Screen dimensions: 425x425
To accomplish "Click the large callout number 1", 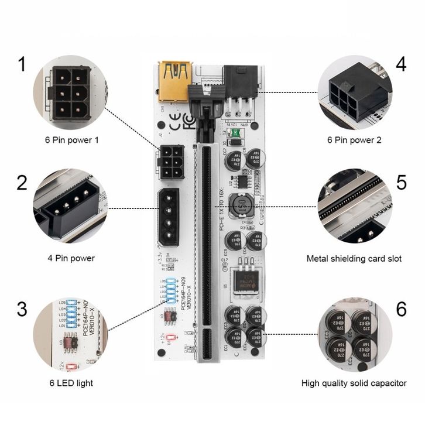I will click(x=22, y=63).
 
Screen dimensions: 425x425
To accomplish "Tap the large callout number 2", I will click(x=22, y=183).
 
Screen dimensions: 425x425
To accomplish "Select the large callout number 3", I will click(x=22, y=309).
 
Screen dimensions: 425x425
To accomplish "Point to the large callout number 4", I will click(x=400, y=63).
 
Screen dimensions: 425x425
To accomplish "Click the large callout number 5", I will click(x=401, y=182).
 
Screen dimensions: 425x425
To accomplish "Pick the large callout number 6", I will click(x=401, y=309).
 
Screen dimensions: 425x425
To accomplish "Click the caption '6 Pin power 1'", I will click(x=72, y=140).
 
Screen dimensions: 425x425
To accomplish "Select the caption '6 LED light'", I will click(x=71, y=383).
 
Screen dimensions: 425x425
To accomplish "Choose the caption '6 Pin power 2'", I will click(x=354, y=140).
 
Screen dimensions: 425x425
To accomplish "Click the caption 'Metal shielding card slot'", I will click(x=354, y=258).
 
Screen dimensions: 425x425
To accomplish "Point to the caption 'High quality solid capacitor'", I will click(x=354, y=383).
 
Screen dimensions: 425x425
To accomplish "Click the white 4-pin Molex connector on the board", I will click(x=168, y=217).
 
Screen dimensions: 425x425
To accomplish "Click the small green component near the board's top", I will click(x=234, y=135).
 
